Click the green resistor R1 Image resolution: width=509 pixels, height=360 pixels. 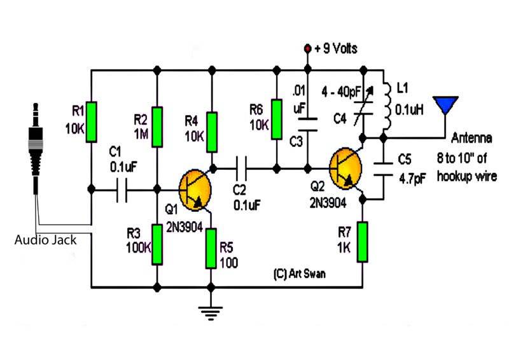pyautogui.click(x=91, y=122)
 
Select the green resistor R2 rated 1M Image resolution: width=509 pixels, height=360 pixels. pyautogui.click(x=157, y=127)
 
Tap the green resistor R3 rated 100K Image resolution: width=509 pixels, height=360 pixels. pyautogui.click(x=157, y=244)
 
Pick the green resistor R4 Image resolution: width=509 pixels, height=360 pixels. pyautogui.click(x=212, y=132)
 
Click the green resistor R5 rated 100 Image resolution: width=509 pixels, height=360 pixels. pyautogui.click(x=211, y=249)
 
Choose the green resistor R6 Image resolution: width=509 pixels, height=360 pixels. pyautogui.click(x=277, y=120)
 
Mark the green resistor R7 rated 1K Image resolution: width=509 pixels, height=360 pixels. pyautogui.click(x=363, y=242)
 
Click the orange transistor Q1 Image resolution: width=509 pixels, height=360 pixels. pyautogui.click(x=195, y=190)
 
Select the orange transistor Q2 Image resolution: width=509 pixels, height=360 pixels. pyautogui.click(x=345, y=169)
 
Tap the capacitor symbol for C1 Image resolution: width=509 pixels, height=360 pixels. pyautogui.click(x=122, y=190)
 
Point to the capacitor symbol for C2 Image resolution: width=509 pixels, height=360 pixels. pyautogui.click(x=241, y=169)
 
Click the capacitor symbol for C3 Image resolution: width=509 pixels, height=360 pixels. pyautogui.click(x=307, y=125)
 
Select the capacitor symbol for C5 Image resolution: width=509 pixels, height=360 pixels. pyautogui.click(x=384, y=169)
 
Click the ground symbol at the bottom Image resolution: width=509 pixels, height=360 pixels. pyautogui.click(x=211, y=313)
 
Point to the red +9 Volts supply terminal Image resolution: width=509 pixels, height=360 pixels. pyautogui.click(x=307, y=49)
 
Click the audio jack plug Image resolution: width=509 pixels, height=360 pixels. pyautogui.click(x=36, y=148)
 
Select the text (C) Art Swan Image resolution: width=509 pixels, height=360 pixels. pyautogui.click(x=299, y=274)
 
